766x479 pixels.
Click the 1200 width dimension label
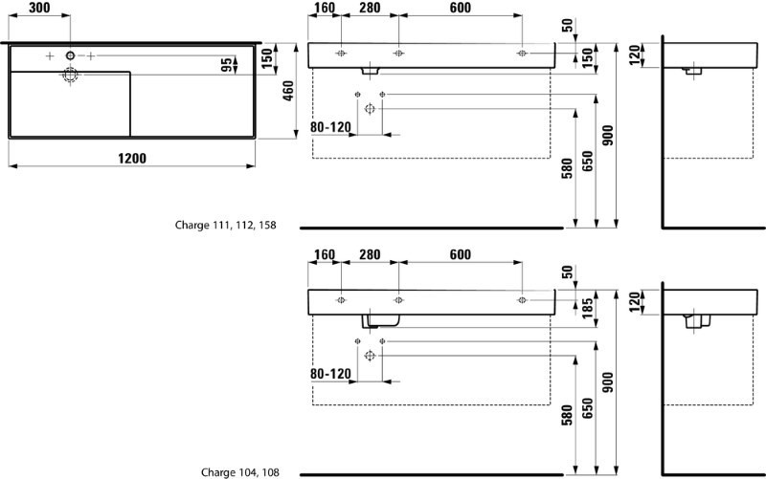pos(132,159)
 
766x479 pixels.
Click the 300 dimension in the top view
pos(39,8)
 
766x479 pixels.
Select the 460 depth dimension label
pos(288,93)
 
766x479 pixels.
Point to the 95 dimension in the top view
pos(227,66)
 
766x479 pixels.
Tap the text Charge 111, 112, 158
pos(225,227)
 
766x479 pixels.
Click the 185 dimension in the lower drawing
pos(586,307)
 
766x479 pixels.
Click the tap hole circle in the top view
pos(70,57)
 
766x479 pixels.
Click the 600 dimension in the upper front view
pos(460,9)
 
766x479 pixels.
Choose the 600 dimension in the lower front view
pos(460,254)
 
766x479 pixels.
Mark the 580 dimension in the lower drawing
pos(566,414)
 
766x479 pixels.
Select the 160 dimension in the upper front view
pos(325,9)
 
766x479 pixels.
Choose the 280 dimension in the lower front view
pos(370,254)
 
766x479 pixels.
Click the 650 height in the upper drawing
pos(586,163)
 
